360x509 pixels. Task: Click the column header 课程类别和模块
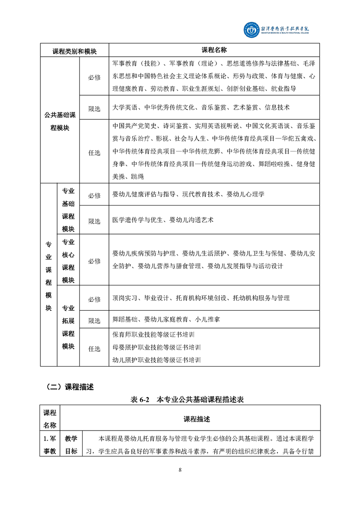pyautogui.click(x=74, y=51)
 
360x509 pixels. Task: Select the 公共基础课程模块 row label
pyautogui.click(x=60, y=121)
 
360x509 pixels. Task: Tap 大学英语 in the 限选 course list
pyautogui.click(x=124, y=108)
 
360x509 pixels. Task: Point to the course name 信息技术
pyautogui.click(x=275, y=108)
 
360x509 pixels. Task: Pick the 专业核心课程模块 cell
pyautogui.click(x=68, y=261)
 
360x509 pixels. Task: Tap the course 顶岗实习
pyautogui.click(x=124, y=298)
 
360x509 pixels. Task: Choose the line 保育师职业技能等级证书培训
pyautogui.click(x=157, y=335)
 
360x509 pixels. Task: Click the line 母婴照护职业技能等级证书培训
pyautogui.click(x=157, y=347)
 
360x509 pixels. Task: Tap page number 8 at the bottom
pyautogui.click(x=180, y=470)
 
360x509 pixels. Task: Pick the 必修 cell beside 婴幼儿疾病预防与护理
pyautogui.click(x=94, y=261)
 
